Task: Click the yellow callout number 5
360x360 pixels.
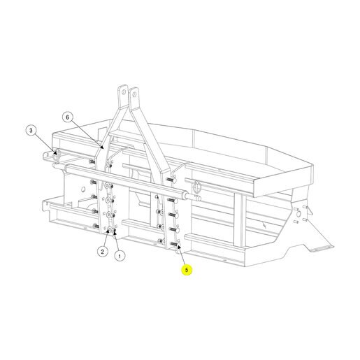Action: tap(187, 270)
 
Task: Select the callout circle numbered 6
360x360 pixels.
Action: tap(68, 117)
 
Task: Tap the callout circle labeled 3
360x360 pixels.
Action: tap(31, 130)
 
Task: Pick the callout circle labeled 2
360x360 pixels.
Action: tap(103, 252)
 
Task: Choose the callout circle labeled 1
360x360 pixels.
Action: tap(120, 257)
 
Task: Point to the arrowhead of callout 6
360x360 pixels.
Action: tap(101, 147)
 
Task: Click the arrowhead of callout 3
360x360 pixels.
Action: tap(55, 152)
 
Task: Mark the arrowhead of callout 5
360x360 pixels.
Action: tap(179, 246)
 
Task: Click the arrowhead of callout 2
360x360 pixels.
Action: tap(108, 231)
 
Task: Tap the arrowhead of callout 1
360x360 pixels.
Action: tap(115, 231)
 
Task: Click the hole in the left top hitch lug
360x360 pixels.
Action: tap(124, 92)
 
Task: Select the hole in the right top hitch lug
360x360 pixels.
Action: tap(134, 94)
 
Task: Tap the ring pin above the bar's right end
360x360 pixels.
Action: tap(197, 186)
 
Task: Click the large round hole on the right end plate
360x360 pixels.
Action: tap(298, 213)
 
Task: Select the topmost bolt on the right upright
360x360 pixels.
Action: tap(171, 180)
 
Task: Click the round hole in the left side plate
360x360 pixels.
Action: tap(82, 189)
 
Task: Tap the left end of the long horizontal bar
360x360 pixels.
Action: tap(68, 168)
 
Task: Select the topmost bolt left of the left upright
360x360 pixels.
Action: tap(92, 161)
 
